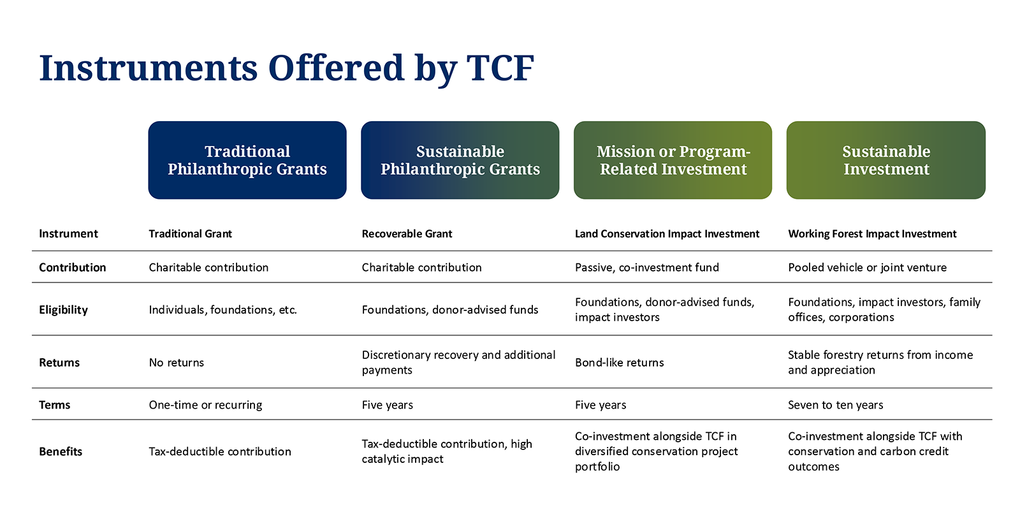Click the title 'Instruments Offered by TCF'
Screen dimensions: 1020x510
tap(286, 68)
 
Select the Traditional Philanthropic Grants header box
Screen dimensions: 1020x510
tap(247, 160)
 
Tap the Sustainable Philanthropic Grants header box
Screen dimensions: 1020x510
tap(460, 160)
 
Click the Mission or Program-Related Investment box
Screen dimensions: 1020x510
tap(673, 160)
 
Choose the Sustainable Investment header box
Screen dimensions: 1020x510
tap(886, 160)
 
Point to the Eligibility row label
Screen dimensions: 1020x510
tap(63, 310)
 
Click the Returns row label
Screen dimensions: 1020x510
tap(59, 363)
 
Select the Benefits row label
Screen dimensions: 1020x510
tap(61, 451)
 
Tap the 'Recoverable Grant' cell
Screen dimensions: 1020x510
tap(407, 233)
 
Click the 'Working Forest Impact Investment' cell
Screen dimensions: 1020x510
tap(872, 234)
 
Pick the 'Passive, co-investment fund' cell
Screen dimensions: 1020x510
tap(646, 267)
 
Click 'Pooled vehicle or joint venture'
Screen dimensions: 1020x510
tap(867, 267)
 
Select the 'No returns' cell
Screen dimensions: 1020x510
tap(176, 363)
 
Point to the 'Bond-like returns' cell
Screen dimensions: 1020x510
tap(619, 363)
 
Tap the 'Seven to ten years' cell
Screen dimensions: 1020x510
tap(836, 405)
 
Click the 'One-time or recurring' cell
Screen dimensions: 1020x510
tap(205, 405)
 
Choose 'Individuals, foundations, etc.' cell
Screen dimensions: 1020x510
tap(222, 310)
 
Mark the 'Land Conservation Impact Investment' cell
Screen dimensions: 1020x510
tap(667, 233)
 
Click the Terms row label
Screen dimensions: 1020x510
tap(54, 405)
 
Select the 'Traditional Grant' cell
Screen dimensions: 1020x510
tap(191, 233)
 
